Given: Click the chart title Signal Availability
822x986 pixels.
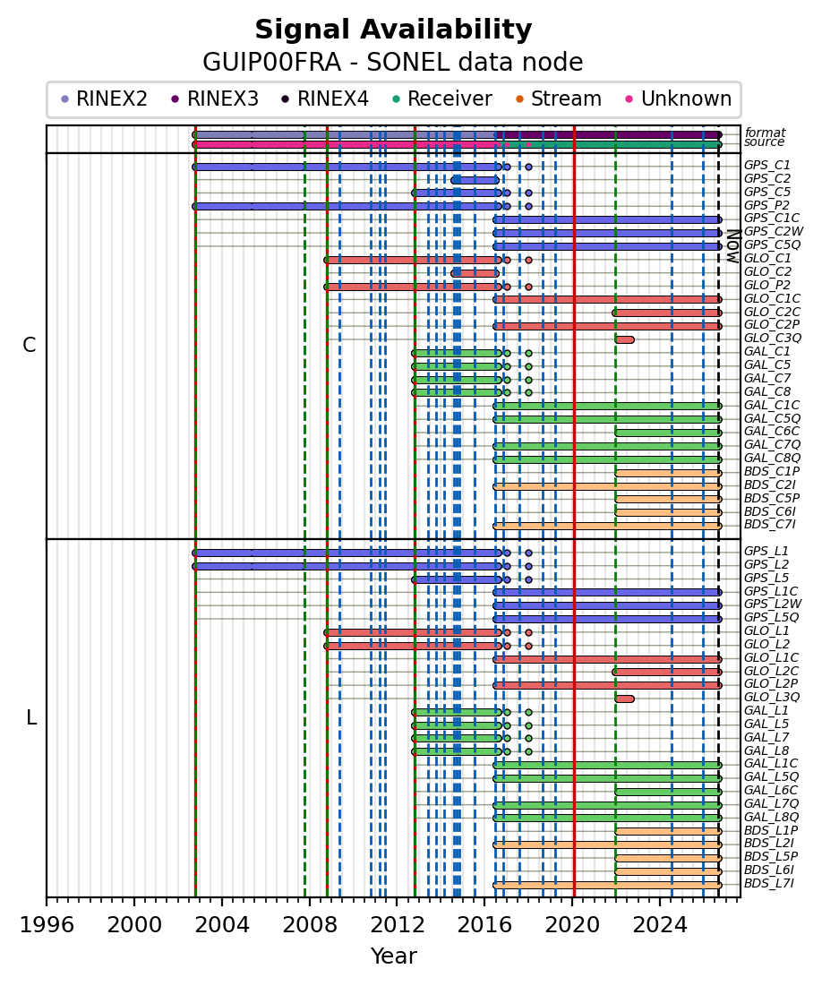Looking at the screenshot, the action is [x=393, y=30].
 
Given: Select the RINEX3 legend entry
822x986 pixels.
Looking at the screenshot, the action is [x=215, y=99].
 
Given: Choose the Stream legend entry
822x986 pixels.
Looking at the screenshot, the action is [x=557, y=99].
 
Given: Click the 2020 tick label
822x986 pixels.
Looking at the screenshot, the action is [x=571, y=925].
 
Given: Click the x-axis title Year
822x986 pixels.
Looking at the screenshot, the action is [x=394, y=956].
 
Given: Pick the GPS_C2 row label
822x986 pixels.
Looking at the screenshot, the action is [x=767, y=178].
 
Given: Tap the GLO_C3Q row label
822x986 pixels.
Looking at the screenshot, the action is [x=773, y=339].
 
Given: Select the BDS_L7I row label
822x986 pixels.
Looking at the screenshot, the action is [x=769, y=884].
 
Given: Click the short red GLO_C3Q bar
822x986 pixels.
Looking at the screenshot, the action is [x=624, y=339].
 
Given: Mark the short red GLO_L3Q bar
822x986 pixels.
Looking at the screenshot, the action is [x=624, y=699].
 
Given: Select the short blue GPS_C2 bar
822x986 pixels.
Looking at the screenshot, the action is [x=475, y=180].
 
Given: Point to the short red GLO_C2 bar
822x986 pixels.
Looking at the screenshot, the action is [x=475, y=273].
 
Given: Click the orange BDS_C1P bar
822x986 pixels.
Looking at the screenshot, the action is [x=669, y=473].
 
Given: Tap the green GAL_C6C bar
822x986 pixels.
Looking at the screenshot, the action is [x=669, y=433].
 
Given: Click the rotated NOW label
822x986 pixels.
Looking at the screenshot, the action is [x=733, y=246].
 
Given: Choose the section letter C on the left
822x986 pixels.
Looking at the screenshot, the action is [x=29, y=345].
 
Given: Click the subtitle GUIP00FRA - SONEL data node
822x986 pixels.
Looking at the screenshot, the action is [x=393, y=63].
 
